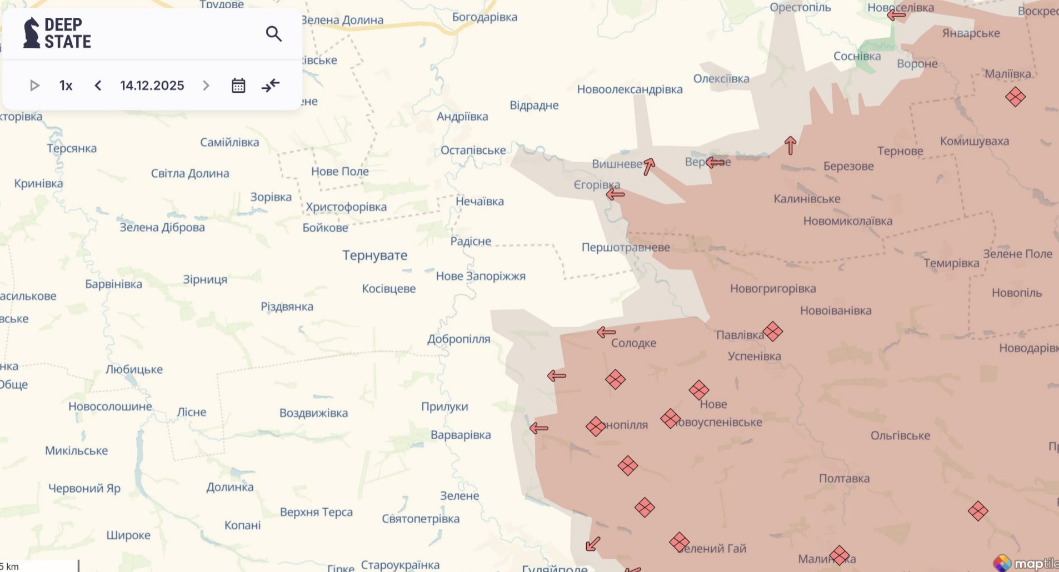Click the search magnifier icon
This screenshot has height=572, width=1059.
click(273, 34)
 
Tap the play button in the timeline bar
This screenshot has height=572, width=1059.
click(34, 86)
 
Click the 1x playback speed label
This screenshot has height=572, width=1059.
click(66, 86)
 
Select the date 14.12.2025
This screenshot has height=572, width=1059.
click(152, 86)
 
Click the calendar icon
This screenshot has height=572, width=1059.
click(238, 86)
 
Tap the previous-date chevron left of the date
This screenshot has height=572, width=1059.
click(98, 86)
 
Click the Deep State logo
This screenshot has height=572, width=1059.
click(57, 33)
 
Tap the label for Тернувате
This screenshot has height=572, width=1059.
click(374, 255)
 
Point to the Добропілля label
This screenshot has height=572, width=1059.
click(458, 339)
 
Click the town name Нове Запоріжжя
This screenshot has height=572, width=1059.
click(480, 276)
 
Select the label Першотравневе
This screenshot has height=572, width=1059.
click(625, 247)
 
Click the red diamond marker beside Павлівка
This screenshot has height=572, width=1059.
click(772, 332)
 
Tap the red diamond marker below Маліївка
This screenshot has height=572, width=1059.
click(1015, 97)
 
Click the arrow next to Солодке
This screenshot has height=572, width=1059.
click(606, 333)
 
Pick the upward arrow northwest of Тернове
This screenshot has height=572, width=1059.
click(790, 145)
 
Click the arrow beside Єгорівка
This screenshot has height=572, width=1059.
click(615, 194)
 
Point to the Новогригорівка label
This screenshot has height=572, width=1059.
click(772, 289)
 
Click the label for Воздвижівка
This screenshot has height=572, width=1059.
click(313, 413)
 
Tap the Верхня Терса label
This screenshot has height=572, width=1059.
click(316, 512)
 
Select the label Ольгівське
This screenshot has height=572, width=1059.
click(900, 436)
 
